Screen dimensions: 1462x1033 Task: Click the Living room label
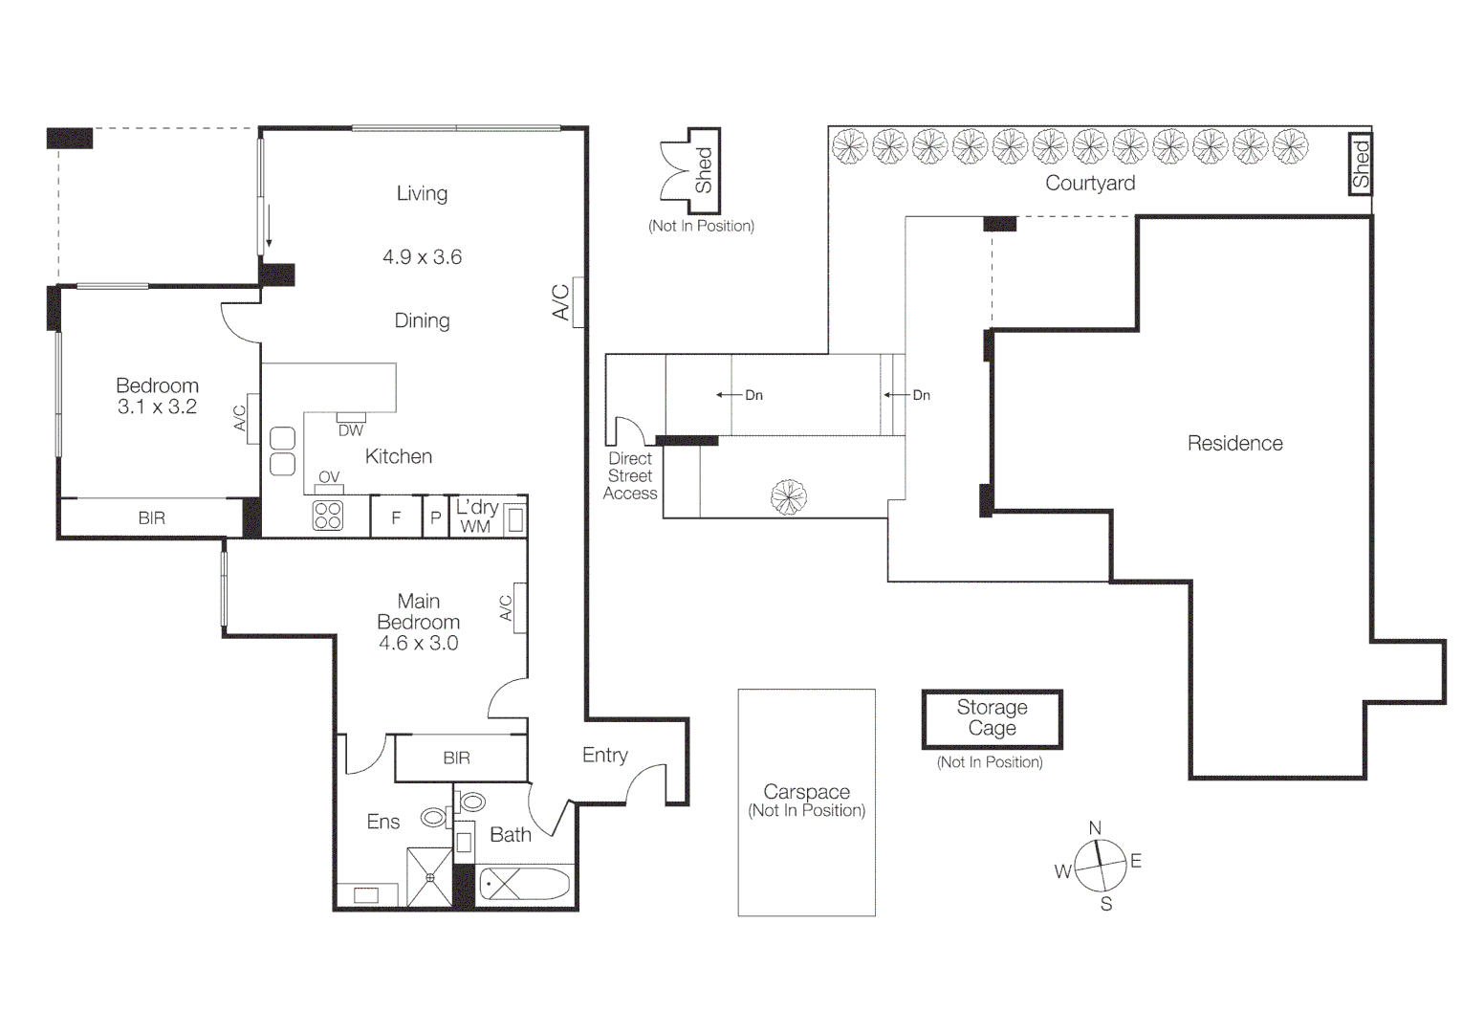[423, 194]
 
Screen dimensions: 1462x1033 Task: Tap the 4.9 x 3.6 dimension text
[423, 256]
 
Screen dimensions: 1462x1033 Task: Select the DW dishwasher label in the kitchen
[351, 430]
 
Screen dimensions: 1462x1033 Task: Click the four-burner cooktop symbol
[328, 516]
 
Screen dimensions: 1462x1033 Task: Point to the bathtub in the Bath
[524, 884]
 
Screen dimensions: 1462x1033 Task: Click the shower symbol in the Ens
[429, 877]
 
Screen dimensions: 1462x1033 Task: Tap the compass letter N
[1095, 828]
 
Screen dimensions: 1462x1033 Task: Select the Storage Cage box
[993, 719]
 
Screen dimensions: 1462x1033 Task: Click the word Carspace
[807, 791]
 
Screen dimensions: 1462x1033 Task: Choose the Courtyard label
[1090, 183]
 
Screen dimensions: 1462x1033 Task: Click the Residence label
[1234, 444]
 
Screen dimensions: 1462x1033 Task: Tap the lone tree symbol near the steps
[789, 497]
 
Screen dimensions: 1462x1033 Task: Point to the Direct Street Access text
[630, 476]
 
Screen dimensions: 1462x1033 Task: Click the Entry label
[605, 756]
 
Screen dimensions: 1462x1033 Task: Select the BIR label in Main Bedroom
[456, 758]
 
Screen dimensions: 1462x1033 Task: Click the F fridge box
[396, 516]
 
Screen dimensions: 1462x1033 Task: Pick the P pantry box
[436, 516]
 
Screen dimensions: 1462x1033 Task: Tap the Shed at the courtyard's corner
[1361, 164]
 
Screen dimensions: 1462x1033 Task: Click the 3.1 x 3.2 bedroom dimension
[158, 407]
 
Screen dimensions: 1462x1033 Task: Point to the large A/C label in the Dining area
[560, 301]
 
